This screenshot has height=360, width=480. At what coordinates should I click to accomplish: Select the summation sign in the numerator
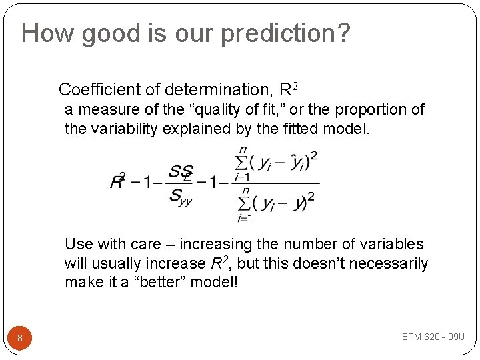(241, 162)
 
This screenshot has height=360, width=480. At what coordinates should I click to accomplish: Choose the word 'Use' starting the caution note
(79, 244)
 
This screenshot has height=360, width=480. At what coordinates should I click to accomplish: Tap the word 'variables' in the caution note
(391, 244)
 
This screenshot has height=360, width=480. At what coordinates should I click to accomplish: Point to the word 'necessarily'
(389, 263)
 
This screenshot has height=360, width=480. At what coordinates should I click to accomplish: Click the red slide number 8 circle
(20, 338)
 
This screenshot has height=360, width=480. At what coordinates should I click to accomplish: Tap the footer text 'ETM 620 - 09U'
(433, 337)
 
